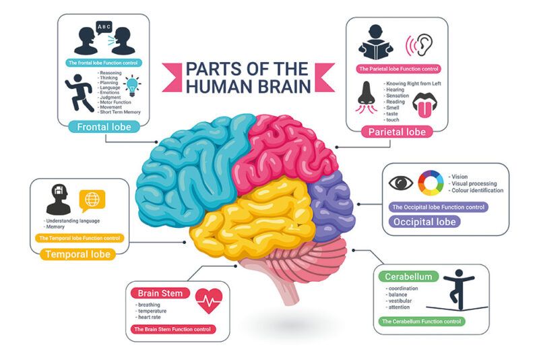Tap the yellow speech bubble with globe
(x=92, y=200)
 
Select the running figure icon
(x=80, y=92)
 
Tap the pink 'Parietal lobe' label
(x=397, y=132)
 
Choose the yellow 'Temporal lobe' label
(x=77, y=255)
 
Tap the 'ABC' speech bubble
(x=104, y=26)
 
